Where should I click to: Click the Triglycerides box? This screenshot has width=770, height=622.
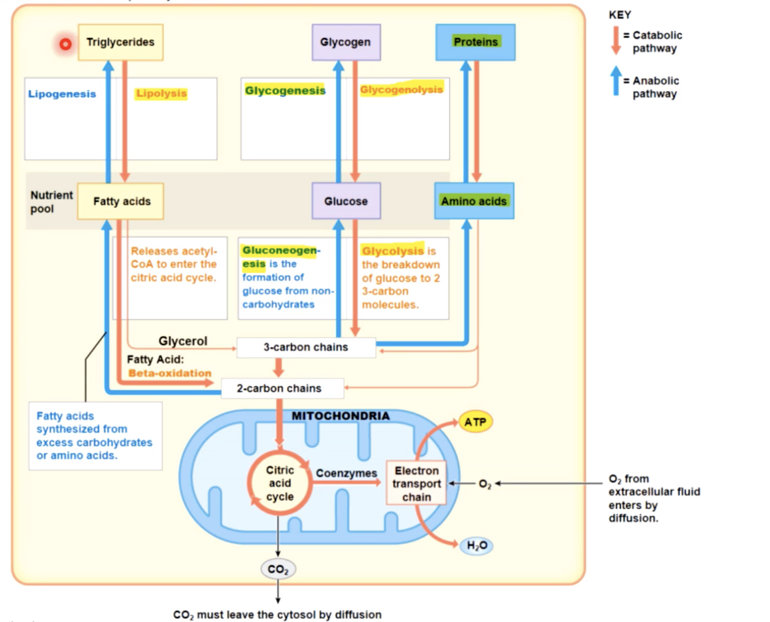(x=121, y=42)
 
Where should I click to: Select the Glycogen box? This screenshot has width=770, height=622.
(x=346, y=42)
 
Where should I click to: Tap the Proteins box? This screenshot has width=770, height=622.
(x=475, y=42)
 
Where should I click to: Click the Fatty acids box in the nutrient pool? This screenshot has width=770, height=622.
(x=121, y=201)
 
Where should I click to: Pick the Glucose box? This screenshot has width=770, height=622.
(x=346, y=201)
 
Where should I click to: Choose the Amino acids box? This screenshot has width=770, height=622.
(x=474, y=201)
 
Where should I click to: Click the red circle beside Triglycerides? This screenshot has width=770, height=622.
(x=65, y=44)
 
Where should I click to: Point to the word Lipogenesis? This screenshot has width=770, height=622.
(x=62, y=94)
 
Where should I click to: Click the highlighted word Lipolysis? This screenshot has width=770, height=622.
(x=161, y=93)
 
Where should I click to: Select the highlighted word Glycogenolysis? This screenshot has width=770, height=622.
(x=401, y=90)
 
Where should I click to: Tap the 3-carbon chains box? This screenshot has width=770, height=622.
(x=306, y=347)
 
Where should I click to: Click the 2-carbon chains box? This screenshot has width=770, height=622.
(x=279, y=388)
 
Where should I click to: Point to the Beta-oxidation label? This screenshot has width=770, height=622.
(x=170, y=373)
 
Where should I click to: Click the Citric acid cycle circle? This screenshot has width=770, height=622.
(x=280, y=483)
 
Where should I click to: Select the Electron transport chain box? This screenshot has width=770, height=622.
(x=416, y=484)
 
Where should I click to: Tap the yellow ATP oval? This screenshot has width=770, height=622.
(x=475, y=422)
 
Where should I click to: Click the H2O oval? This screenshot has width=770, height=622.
(x=477, y=545)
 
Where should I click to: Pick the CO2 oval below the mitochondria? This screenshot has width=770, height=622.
(x=278, y=570)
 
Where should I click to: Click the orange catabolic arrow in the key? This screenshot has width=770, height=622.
(x=616, y=41)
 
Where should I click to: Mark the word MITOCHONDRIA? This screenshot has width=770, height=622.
(x=340, y=416)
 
